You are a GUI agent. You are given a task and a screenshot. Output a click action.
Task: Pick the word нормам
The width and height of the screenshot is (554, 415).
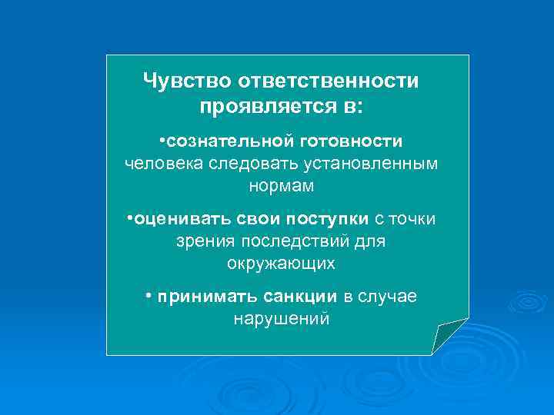coord(282,185)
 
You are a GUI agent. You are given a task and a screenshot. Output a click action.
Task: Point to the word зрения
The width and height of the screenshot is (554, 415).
coord(204,241)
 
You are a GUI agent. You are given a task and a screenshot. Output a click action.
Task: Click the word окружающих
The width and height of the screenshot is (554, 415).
coord(281,263)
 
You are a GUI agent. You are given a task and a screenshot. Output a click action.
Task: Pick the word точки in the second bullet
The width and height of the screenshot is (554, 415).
coord(412,220)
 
